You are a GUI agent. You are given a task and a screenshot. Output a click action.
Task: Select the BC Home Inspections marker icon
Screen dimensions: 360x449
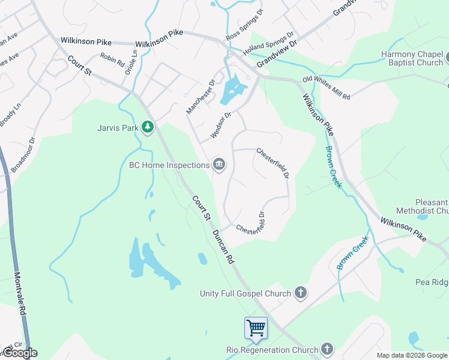coord(219,164)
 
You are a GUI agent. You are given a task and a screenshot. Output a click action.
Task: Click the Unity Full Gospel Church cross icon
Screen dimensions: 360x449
coord(301,293)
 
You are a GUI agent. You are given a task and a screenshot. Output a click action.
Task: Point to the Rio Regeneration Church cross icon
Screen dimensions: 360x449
coord(327,349)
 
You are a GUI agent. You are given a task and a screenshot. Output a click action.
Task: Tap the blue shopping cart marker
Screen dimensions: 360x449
coord(256,328)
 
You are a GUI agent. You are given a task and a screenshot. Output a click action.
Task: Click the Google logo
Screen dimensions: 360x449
coord(19,353)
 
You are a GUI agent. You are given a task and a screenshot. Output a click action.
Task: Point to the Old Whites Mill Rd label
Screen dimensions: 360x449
coord(326,88)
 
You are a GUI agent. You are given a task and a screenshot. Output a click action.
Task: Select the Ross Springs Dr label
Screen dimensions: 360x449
coord(244,25)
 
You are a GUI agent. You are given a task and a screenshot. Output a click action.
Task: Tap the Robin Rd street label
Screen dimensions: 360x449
coord(112,59)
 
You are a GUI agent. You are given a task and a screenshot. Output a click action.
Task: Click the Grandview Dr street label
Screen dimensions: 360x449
coord(277,55)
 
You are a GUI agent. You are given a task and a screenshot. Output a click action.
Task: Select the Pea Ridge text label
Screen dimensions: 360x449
coord(432,282)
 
